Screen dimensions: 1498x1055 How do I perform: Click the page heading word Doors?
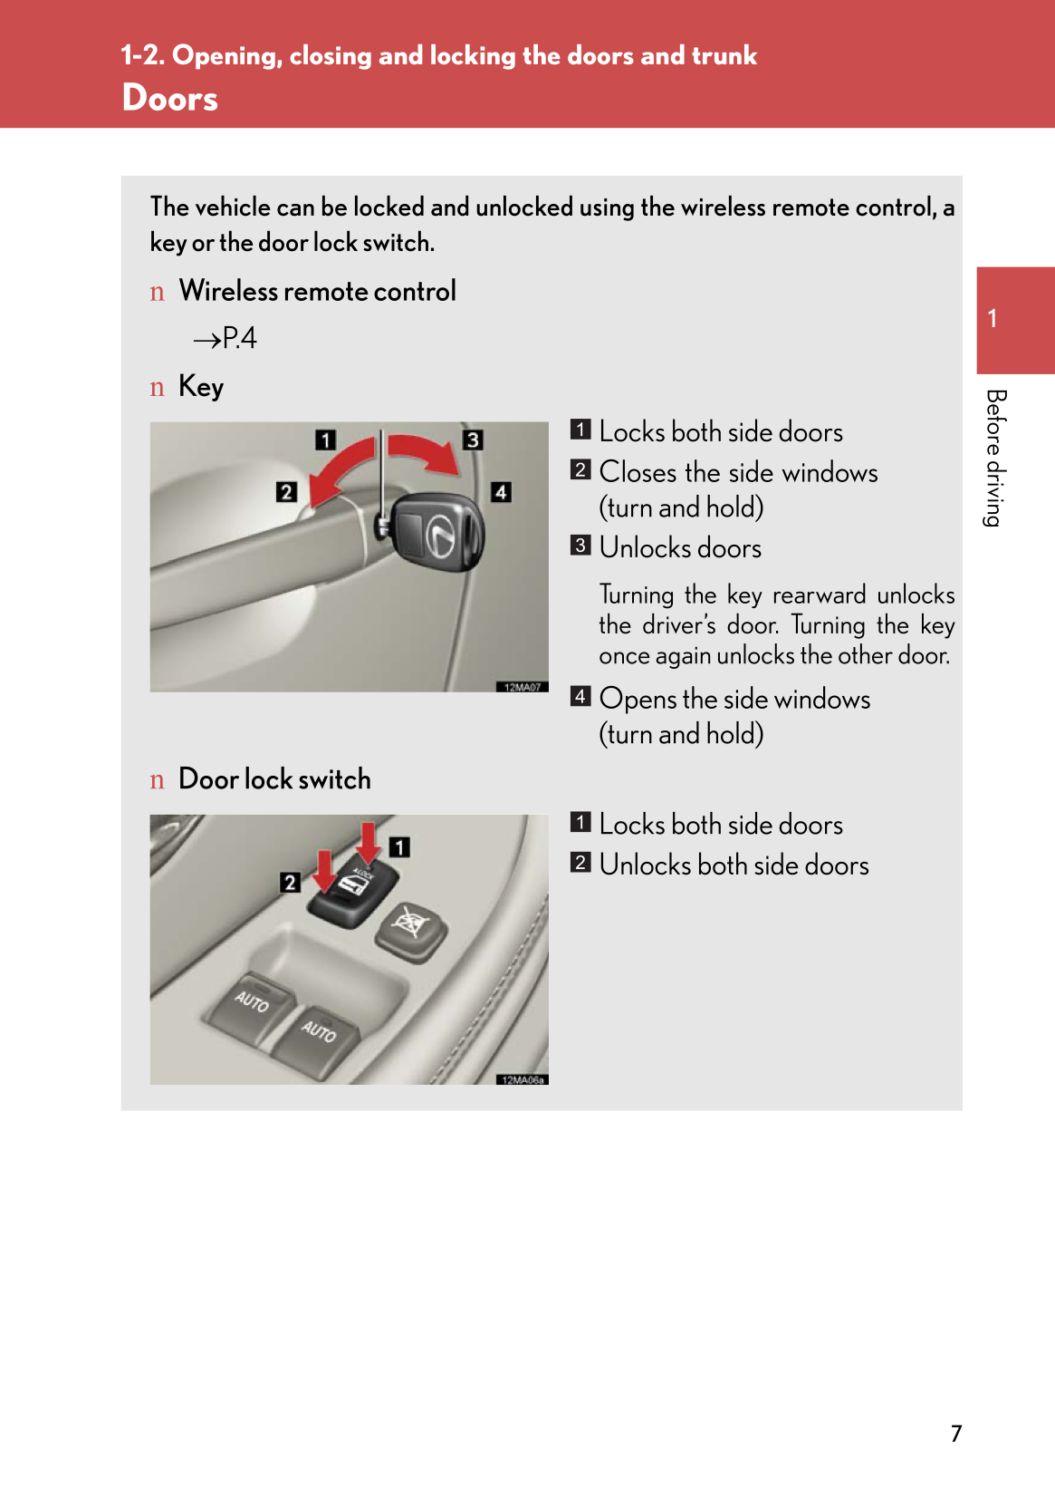169,98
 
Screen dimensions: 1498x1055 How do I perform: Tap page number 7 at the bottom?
955,1433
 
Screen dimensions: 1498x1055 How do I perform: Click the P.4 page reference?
226,339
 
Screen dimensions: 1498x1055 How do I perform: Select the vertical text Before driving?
995,458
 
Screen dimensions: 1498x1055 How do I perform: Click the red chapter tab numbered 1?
1013,319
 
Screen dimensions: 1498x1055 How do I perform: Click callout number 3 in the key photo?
473,440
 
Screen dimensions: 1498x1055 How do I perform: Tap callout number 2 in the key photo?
286,491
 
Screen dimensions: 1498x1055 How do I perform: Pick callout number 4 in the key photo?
501,491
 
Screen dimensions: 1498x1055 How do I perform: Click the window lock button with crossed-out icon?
411,929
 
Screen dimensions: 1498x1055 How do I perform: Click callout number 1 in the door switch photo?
399,846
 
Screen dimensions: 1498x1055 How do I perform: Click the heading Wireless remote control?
317,291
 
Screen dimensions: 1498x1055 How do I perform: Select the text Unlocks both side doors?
734,865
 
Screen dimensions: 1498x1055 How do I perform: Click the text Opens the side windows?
734,699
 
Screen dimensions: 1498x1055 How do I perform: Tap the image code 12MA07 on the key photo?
522,687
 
